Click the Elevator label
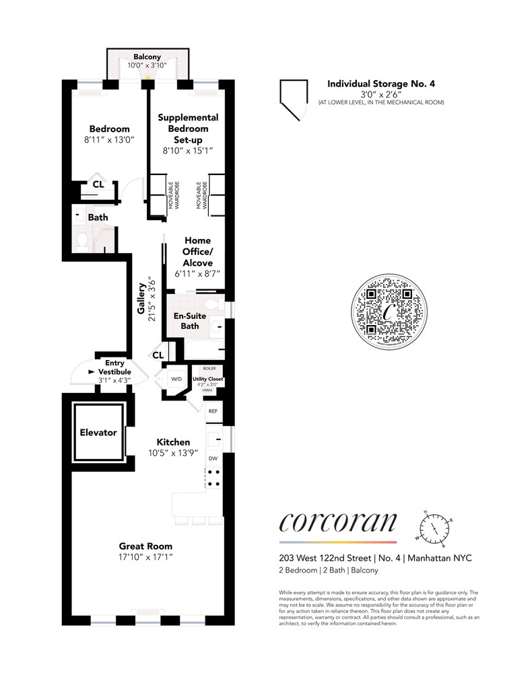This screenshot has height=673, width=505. pyautogui.click(x=99, y=433)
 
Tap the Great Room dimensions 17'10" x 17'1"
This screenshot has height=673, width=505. pyautogui.click(x=145, y=558)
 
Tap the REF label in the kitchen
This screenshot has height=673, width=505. pyautogui.click(x=213, y=411)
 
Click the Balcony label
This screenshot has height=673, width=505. pyautogui.click(x=146, y=57)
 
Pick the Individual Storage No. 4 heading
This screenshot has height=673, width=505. pyautogui.click(x=381, y=84)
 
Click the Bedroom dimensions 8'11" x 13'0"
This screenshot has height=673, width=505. pyautogui.click(x=110, y=140)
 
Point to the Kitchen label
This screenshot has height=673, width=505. pyautogui.click(x=173, y=441)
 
